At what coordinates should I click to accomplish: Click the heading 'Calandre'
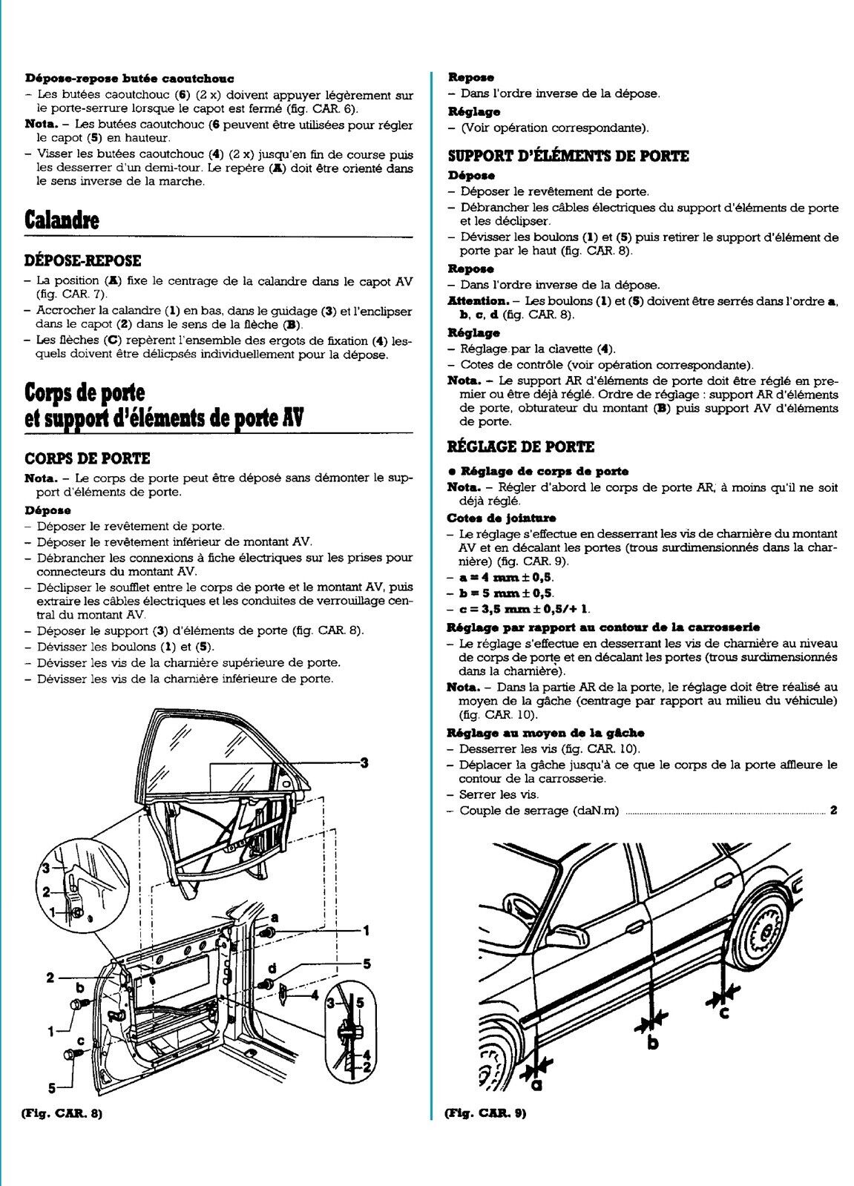(62, 220)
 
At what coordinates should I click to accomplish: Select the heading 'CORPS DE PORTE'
(88, 459)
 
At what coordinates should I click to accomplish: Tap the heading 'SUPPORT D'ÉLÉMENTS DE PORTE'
(568, 157)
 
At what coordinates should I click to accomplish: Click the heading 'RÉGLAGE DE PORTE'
(521, 447)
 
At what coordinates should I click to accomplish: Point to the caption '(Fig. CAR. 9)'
(485, 1113)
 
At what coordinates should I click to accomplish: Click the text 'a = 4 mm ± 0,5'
(507, 577)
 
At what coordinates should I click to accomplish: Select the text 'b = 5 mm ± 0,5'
(507, 593)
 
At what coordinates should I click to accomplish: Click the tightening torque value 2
(834, 810)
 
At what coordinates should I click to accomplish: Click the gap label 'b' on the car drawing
(653, 1041)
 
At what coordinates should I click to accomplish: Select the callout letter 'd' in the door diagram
(272, 968)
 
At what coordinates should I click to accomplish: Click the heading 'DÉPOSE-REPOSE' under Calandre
(82, 261)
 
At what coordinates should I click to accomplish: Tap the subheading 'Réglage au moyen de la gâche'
(545, 733)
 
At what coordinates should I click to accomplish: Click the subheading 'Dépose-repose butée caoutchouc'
(130, 78)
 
